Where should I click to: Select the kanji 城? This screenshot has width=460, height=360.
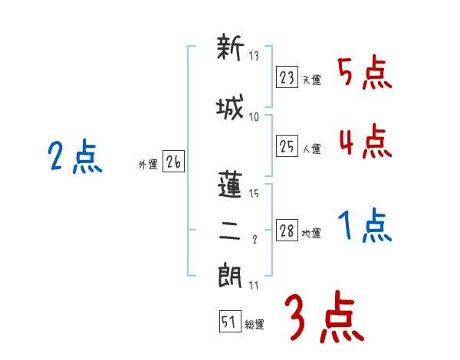pyautogui.click(x=229, y=108)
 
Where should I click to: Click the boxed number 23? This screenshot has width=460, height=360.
pyautogui.click(x=287, y=77)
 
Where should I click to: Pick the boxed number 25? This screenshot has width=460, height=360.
pyautogui.click(x=287, y=146)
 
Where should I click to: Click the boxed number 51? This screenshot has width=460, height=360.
pyautogui.click(x=229, y=322)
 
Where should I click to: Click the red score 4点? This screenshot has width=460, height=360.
pyautogui.click(x=364, y=142)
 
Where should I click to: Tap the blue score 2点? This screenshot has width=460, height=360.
pyautogui.click(x=74, y=159)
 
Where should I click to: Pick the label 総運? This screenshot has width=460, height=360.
pyautogui.click(x=255, y=325)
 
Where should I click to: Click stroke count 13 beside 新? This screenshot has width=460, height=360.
pyautogui.click(x=255, y=56)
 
